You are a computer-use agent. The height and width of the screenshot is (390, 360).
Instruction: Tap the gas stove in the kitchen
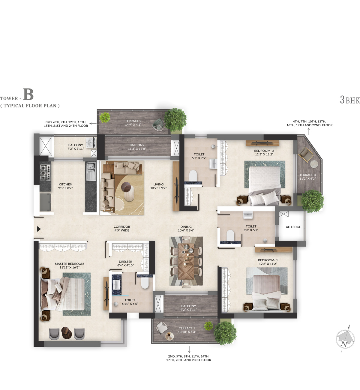(x=45, y=172)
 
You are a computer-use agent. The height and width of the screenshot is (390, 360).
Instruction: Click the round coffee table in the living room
(x=126, y=186)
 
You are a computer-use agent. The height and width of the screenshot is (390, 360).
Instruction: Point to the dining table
(x=186, y=261)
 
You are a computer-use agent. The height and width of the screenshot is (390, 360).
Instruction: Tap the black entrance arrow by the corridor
(x=39, y=229)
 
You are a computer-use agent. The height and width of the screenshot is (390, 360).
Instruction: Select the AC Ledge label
(x=293, y=227)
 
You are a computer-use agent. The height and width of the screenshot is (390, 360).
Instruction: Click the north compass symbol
(x=345, y=338)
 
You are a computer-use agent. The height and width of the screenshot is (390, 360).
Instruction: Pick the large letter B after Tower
(x=28, y=94)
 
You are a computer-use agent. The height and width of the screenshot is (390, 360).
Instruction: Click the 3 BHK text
(x=350, y=100)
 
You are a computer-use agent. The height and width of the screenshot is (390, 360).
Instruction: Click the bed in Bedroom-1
(x=266, y=293)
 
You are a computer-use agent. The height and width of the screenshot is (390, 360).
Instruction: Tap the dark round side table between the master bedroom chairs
(x=67, y=333)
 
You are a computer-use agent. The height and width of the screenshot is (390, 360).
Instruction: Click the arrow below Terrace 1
(x=189, y=350)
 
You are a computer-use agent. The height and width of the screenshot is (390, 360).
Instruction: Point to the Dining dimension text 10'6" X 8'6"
(x=186, y=230)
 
